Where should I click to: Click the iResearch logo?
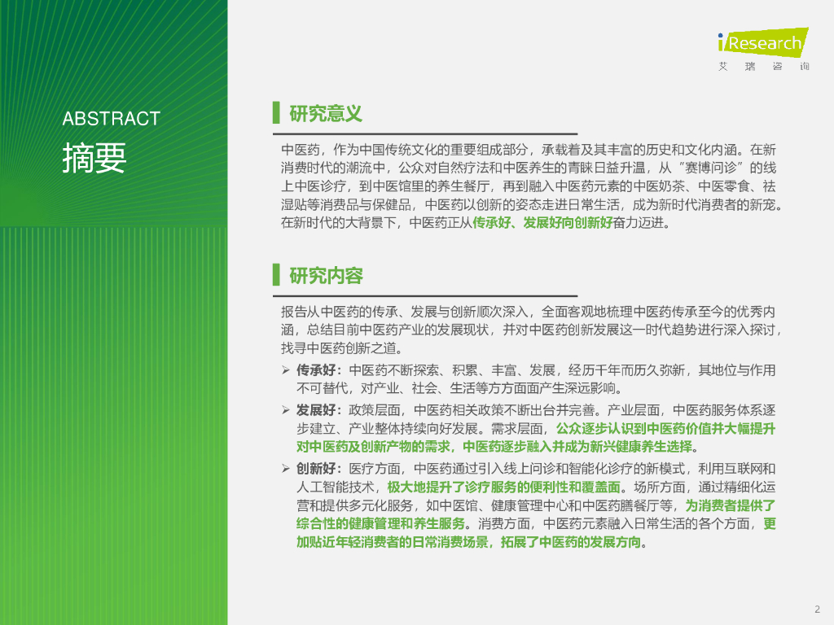(761, 42)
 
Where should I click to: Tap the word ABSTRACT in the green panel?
(112, 118)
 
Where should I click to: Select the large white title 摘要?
(94, 158)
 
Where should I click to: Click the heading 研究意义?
(326, 113)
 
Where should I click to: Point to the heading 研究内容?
(326, 276)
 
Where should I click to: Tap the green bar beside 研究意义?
(276, 113)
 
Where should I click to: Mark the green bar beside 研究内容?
(276, 276)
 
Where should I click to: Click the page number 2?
(817, 610)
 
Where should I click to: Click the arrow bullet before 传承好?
(286, 370)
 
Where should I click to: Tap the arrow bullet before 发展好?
(286, 409)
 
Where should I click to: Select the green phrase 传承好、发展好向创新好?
(542, 222)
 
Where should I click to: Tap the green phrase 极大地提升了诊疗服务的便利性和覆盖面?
(503, 487)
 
